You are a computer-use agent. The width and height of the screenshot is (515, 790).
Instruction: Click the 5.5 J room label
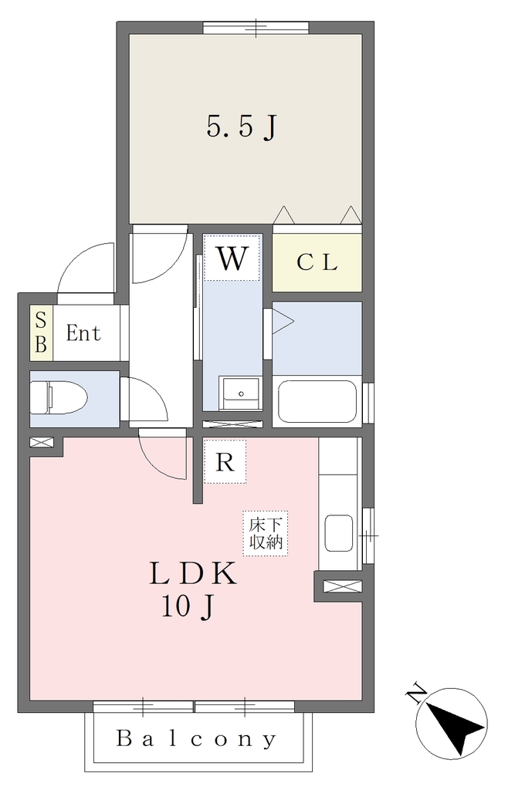coord(242,127)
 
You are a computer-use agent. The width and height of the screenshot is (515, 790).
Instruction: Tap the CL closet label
coord(317,262)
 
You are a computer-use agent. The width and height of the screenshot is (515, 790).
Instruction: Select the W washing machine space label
coord(232,258)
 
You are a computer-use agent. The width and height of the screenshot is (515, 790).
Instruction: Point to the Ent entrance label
coord(83,333)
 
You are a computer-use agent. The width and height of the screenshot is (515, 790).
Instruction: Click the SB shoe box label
coord(41,333)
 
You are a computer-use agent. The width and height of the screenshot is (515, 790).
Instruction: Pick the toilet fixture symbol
coord(59,397)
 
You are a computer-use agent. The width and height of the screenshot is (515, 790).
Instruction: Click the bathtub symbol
coord(317,401)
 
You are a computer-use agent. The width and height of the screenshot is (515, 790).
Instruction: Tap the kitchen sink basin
coord(338,532)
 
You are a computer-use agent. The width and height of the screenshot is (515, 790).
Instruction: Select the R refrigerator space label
coord(225,461)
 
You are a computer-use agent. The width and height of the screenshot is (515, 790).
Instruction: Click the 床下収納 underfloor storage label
coord(266,534)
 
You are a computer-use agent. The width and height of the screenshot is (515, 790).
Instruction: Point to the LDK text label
coord(193,573)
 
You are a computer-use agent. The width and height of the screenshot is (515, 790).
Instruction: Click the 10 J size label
coord(188,606)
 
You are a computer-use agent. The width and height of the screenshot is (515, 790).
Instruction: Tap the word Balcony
coord(197,738)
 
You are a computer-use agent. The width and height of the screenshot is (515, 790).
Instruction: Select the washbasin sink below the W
coord(241,393)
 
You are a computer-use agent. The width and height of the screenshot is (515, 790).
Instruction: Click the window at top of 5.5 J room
coord(256,28)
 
